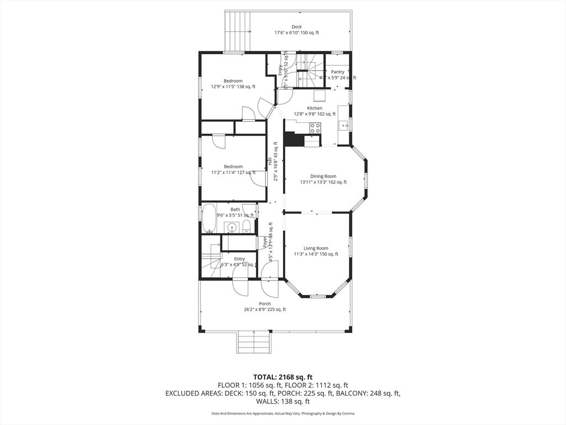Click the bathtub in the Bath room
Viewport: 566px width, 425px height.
click(x=209, y=219)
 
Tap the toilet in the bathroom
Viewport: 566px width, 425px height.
click(x=246, y=226)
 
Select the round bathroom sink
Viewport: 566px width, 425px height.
click(x=232, y=227)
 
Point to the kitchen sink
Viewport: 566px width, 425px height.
click(x=344, y=126)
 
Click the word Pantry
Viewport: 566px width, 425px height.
click(x=338, y=72)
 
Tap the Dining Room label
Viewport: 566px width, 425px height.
click(x=323, y=177)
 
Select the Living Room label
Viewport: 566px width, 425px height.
click(x=316, y=248)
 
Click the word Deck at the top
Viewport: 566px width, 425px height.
click(x=297, y=27)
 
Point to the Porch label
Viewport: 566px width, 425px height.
click(x=265, y=304)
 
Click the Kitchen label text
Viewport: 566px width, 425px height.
click(x=315, y=108)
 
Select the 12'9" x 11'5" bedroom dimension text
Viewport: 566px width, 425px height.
click(x=233, y=87)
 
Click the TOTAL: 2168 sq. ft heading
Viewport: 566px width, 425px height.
click(x=282, y=376)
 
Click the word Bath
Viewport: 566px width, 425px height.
click(x=235, y=209)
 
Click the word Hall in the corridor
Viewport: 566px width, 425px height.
click(x=270, y=162)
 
